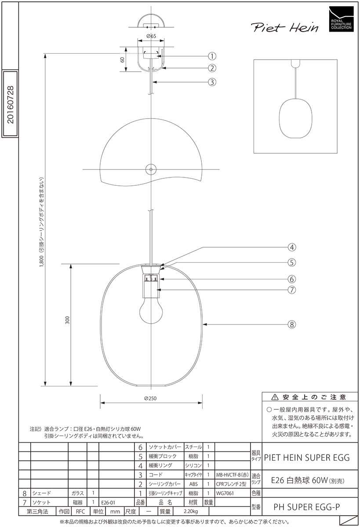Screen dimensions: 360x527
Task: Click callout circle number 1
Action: pyautogui.click(x=212, y=56)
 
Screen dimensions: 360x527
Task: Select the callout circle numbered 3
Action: pyautogui.click(x=212, y=82)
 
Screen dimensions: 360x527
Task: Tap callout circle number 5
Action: pyautogui.click(x=291, y=262)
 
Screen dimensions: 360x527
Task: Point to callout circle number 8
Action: pyautogui.click(x=291, y=325)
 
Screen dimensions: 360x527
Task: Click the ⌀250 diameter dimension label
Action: pyautogui.click(x=150, y=398)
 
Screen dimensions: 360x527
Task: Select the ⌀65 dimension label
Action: pyautogui.click(x=151, y=36)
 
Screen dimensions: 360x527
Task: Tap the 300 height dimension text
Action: pyautogui.click(x=67, y=320)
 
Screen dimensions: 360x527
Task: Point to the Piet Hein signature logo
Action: pyautogui.click(x=285, y=27)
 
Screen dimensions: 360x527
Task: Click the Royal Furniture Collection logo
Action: pyautogui.click(x=341, y=19)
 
